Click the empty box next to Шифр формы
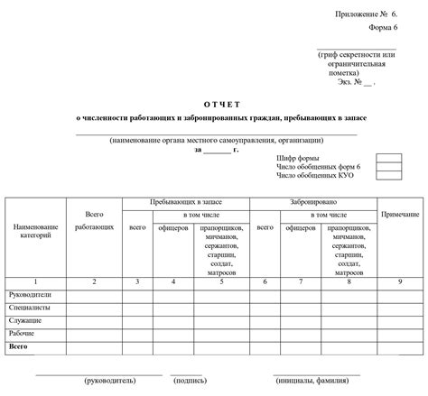[388, 158]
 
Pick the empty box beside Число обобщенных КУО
[388, 174]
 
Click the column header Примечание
[399, 215]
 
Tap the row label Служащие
[26, 320]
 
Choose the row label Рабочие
[23, 333]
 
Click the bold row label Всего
[20, 346]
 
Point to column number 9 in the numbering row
[399, 282]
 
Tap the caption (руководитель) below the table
[111, 382]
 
